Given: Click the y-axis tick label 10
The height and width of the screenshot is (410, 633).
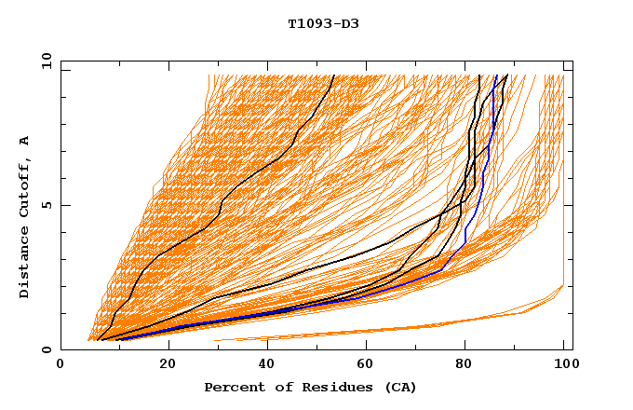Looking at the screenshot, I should click(x=46, y=61).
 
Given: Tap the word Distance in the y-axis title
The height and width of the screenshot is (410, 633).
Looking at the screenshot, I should click(x=24, y=265).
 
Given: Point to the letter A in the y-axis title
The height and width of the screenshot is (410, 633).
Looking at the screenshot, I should click(x=24, y=142).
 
